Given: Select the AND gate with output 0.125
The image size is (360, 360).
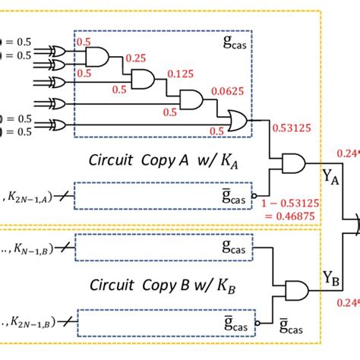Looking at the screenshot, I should tap(143, 78).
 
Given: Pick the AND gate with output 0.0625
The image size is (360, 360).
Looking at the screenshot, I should tap(189, 99).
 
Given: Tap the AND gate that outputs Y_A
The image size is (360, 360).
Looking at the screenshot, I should tap(292, 163).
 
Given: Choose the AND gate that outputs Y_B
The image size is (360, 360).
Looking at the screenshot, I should tap(295, 289).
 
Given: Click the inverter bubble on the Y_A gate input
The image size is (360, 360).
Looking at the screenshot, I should tap(269, 193).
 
